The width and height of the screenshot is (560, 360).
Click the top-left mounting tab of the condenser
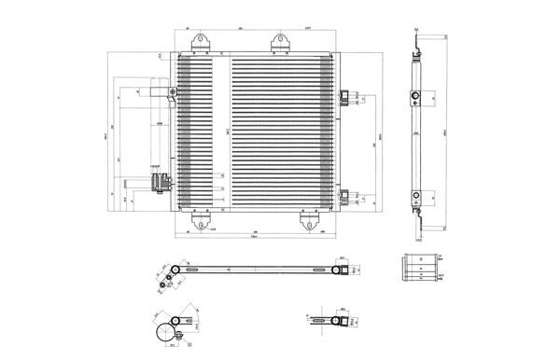click(199, 43)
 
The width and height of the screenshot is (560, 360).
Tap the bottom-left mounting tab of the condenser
click(199, 222)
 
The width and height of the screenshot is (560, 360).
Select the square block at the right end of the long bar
click(343, 270)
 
